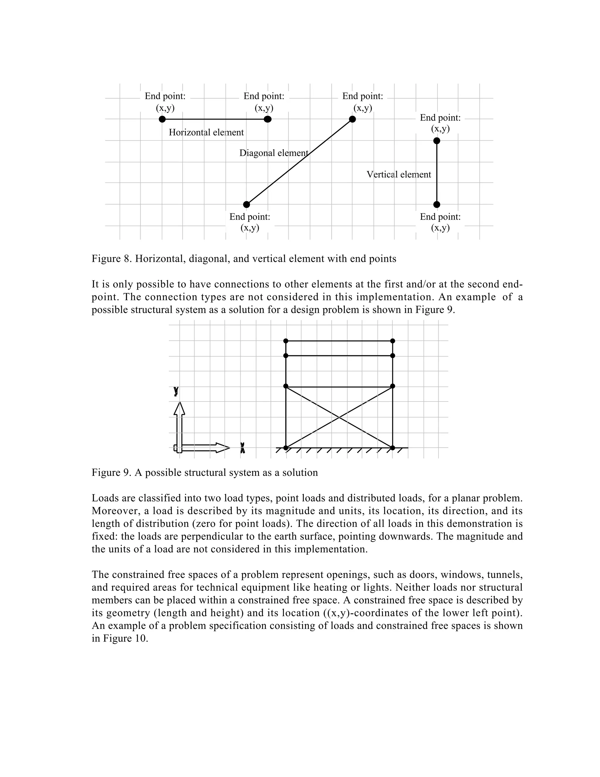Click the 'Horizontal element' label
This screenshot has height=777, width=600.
[x=206, y=132]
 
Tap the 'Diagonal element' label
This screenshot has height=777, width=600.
[x=273, y=153]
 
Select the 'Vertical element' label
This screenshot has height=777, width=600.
[x=398, y=174]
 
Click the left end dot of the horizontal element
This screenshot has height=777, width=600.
[x=162, y=119]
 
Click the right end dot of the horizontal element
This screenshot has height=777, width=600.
[x=268, y=119]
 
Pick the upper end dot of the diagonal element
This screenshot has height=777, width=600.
[x=352, y=119]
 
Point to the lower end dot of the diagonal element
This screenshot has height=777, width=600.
[x=246, y=204]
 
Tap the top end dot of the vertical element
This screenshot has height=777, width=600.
[x=437, y=141]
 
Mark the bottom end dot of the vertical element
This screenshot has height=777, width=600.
[x=437, y=204]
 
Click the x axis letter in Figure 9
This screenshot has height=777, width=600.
[x=242, y=447]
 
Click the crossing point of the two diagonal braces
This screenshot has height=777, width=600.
[x=339, y=417]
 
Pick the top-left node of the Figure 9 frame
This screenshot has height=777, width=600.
[x=286, y=341]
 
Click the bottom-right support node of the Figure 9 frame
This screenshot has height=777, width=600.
[x=392, y=447]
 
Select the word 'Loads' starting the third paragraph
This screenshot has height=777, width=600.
[x=103, y=498]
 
